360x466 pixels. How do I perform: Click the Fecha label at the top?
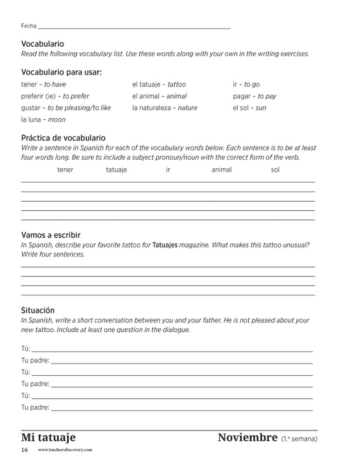pos(28,26)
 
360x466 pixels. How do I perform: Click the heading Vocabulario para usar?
pos(61,72)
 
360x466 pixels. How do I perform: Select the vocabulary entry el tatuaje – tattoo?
pos(159,84)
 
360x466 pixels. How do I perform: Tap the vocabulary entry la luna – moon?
pos(43,120)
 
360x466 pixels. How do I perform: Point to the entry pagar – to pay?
pos(254,96)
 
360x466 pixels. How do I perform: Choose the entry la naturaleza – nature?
pos(164,108)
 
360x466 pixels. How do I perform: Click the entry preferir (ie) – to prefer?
pos(55,96)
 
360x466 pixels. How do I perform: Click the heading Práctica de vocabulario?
pos(63,138)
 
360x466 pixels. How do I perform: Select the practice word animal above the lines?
pos(221,170)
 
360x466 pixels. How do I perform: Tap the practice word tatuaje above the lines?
pos(116,170)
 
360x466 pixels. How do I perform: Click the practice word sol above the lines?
pos(275,170)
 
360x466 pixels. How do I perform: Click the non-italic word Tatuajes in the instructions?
pos(165,245)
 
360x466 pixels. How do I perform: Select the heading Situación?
pos(38,310)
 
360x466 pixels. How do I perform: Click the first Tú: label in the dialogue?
pos(26,349)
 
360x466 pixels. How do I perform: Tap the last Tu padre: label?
pos(35,407)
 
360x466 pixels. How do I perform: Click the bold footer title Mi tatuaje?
pos(48,438)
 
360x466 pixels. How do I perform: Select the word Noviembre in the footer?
pos(247,438)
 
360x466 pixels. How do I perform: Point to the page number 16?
pos(25,450)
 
